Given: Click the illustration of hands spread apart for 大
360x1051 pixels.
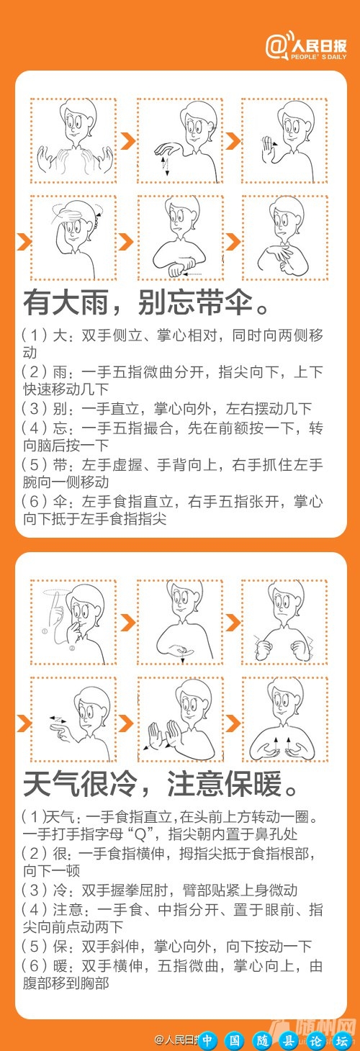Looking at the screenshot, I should click(x=73, y=140).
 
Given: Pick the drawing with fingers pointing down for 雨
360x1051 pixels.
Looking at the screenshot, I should click(x=179, y=140).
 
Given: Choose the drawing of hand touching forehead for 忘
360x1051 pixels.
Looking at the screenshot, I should click(x=73, y=238).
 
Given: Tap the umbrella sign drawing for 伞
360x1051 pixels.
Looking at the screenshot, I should click(x=284, y=238).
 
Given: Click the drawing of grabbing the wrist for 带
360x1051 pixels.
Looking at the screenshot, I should click(x=179, y=238).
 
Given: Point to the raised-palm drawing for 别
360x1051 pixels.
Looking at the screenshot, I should click(x=284, y=140).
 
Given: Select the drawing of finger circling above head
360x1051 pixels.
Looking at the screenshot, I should click(x=73, y=622).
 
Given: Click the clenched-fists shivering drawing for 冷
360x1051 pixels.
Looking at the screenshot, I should click(x=284, y=622).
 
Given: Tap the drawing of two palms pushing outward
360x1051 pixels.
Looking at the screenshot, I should click(x=179, y=719).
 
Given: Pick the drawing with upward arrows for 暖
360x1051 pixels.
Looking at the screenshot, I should click(x=284, y=719).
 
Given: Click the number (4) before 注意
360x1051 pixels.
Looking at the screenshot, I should click(x=33, y=908).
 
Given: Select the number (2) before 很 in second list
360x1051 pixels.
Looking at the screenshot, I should click(x=33, y=852).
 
